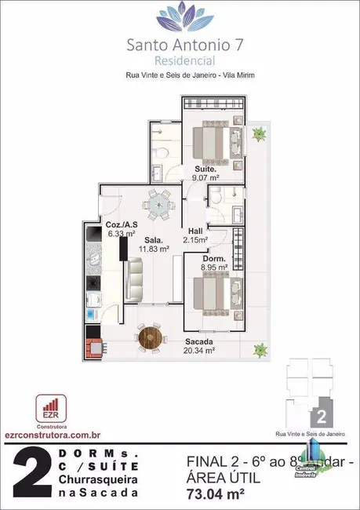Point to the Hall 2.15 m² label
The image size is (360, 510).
coord(198,234)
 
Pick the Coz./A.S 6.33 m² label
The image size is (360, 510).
coord(121,228)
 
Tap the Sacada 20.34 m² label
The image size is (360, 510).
coord(201,346)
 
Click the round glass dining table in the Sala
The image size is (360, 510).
coord(160,203)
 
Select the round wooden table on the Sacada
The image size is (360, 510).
coord(150,338)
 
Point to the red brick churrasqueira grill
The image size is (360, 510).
coord(94,345)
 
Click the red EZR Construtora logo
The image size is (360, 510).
coord(49,408)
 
